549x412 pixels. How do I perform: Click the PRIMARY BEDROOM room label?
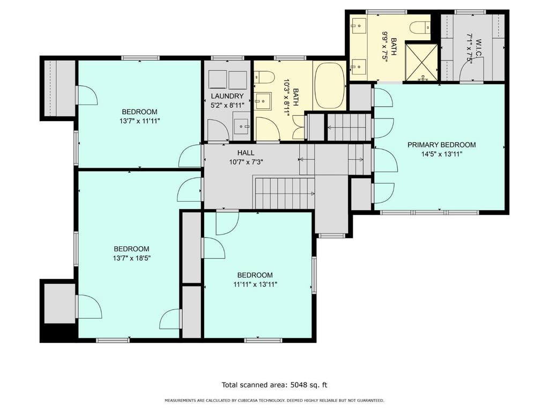[x=442, y=145]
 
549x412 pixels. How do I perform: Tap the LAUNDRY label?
[x=227, y=96]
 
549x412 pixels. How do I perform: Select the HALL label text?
[x=246, y=153]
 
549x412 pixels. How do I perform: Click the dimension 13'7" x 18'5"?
[x=132, y=258]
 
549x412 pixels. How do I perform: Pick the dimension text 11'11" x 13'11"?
[x=255, y=284]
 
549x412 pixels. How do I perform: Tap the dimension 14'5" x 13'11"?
[x=442, y=154]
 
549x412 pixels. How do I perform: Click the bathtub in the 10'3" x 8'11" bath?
[x=329, y=86]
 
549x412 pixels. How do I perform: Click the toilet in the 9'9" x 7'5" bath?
[x=420, y=27]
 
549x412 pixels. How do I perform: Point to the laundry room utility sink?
[x=242, y=124]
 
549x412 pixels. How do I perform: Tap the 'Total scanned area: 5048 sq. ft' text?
[x=274, y=385]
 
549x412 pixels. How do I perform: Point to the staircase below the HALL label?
[x=284, y=193]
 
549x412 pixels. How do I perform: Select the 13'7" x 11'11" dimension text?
[x=140, y=121]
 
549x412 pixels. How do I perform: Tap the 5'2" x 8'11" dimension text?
[x=227, y=105]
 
